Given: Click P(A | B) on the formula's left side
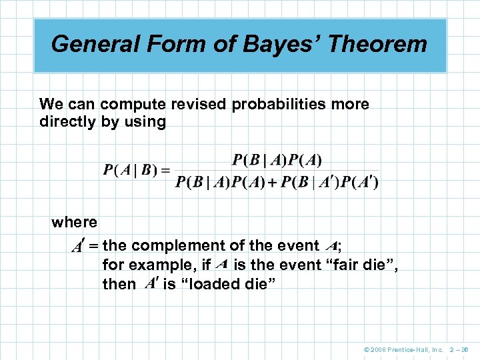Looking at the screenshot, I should [131, 170].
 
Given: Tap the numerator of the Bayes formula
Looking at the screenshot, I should [277, 160].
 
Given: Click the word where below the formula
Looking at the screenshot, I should [74, 222].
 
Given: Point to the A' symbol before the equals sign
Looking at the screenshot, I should [78, 247].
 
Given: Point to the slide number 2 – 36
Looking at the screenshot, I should [460, 349].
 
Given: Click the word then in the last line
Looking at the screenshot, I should [119, 284].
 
